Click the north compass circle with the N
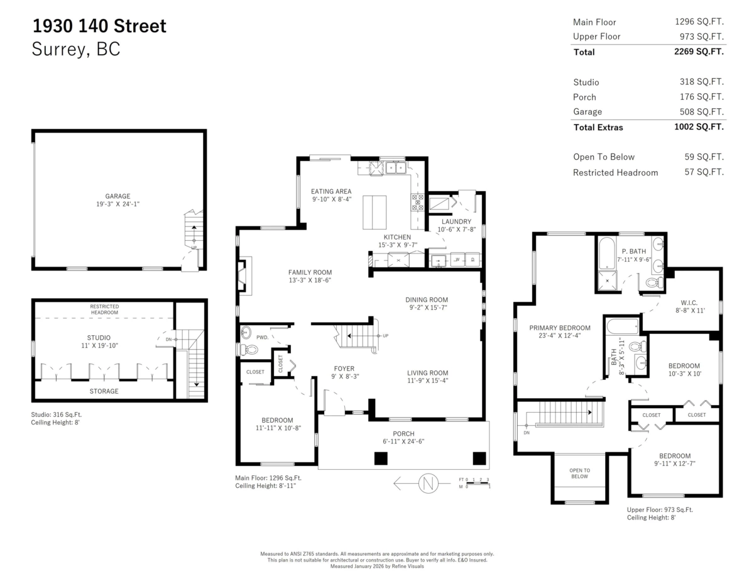[428, 483]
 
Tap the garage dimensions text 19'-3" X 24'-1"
[118, 204]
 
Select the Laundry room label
[456, 221]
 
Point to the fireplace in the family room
[244, 275]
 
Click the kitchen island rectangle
[374, 212]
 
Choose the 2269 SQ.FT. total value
[699, 52]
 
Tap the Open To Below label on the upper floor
[579, 474]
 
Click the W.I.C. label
[689, 303]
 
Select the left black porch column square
[381, 458]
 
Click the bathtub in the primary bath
[607, 253]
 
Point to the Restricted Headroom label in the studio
[104, 309]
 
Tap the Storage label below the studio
[104, 391]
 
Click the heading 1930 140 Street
[99, 26]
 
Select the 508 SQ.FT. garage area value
[702, 112]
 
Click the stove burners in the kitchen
[418, 203]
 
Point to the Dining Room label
[427, 299]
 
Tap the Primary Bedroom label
[560, 328]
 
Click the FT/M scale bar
[478, 483]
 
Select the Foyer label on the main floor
[344, 369]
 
